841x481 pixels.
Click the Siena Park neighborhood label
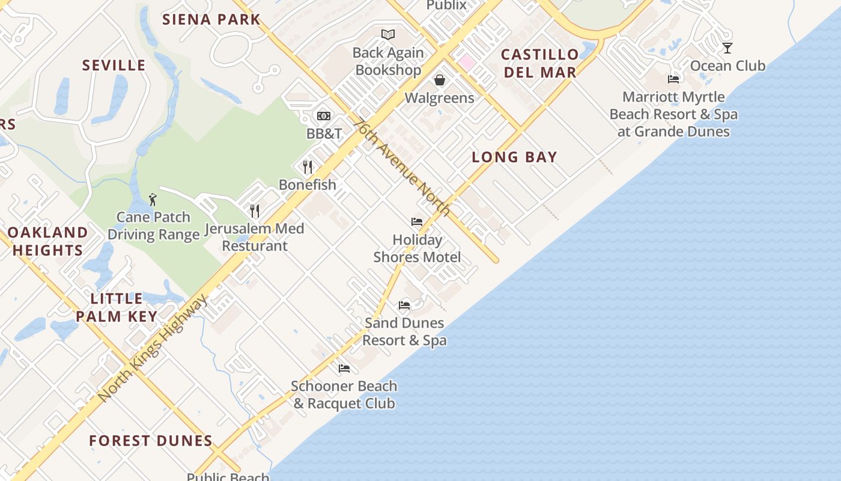point(211,19)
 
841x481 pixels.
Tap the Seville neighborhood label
point(114,65)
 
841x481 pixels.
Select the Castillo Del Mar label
point(539,63)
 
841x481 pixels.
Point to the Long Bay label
point(514,157)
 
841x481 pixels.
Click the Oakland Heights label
point(47,241)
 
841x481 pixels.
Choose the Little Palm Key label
point(117,307)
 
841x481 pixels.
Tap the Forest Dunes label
point(151,441)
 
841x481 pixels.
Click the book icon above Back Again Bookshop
point(388,35)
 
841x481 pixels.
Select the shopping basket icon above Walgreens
point(440,80)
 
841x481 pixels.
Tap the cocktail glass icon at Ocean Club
point(727,48)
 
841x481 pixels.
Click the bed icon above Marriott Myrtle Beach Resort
point(673,79)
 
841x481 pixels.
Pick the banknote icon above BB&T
point(324,116)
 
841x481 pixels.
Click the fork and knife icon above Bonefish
point(308,167)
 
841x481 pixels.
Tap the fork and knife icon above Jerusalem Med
point(255,210)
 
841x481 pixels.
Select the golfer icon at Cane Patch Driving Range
point(153,199)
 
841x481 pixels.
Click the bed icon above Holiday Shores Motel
point(417,222)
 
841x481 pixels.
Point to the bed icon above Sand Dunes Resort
point(404,305)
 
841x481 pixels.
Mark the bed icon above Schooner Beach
point(344,368)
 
